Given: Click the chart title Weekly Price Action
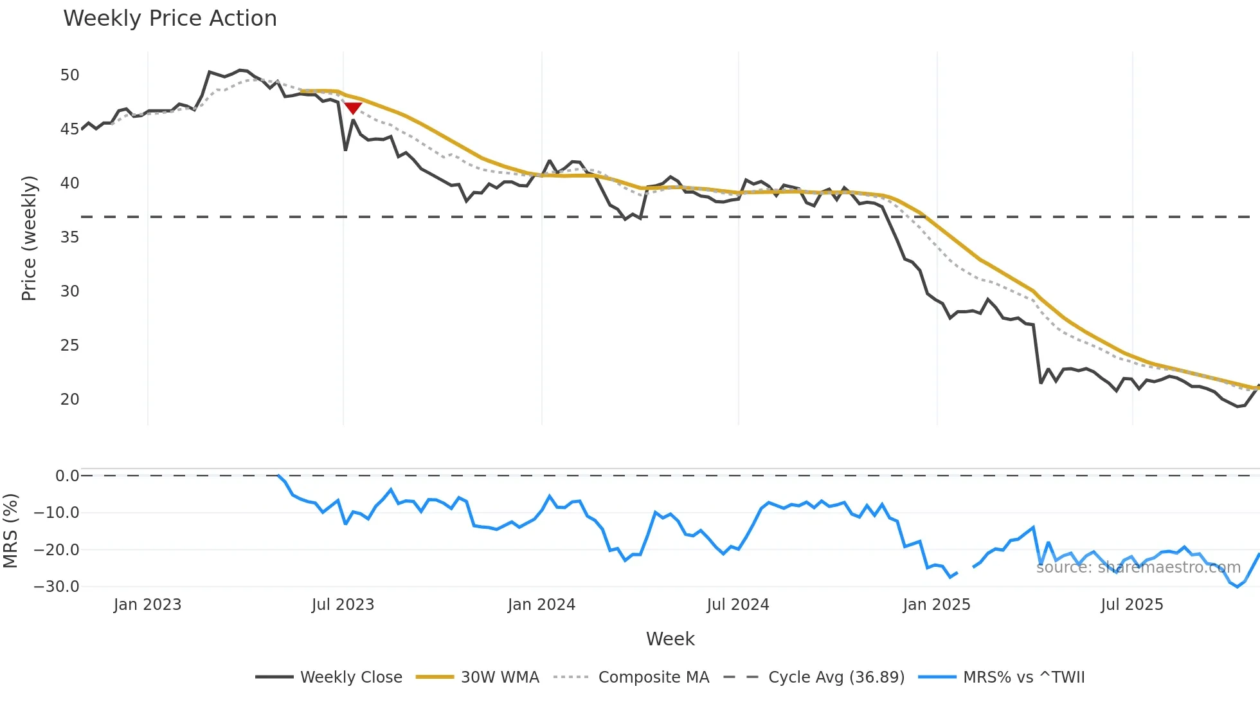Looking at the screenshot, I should [x=170, y=19].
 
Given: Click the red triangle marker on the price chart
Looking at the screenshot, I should [x=353, y=108].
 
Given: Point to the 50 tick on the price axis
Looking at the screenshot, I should [x=69, y=75].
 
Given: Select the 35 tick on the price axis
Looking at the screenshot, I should [x=69, y=237].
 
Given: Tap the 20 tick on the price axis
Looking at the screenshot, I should [x=69, y=400].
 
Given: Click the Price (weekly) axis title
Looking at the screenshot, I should [x=29, y=238].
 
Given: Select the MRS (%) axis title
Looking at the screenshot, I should [x=10, y=531].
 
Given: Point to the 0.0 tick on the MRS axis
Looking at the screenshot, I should [x=67, y=476].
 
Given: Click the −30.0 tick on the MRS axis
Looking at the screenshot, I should [x=57, y=587].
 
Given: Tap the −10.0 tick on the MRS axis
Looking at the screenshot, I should [x=57, y=513].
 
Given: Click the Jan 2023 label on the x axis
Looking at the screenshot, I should [x=147, y=605].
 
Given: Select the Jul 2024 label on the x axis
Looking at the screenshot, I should [x=737, y=605].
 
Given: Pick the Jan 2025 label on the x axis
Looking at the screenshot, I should [x=936, y=605].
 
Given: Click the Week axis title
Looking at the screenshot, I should [x=670, y=639].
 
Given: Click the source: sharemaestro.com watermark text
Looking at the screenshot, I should [x=1138, y=567].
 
